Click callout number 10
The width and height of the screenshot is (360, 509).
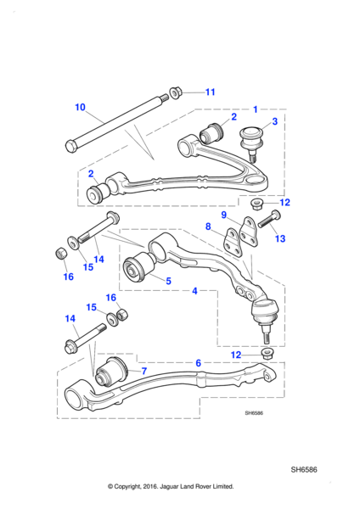[80, 107]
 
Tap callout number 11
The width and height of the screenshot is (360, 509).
[211, 92]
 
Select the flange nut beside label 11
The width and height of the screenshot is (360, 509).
[176, 92]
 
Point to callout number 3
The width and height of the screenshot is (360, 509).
[275, 121]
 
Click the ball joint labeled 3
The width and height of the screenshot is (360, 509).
[250, 143]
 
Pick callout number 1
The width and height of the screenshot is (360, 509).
[256, 109]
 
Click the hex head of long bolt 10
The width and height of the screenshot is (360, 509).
[71, 147]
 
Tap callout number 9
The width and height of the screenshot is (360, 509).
[223, 215]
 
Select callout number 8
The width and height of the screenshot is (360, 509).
[208, 227]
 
